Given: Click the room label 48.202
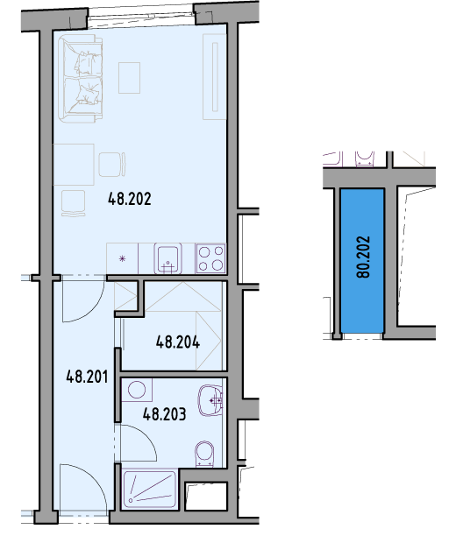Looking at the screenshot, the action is pyautogui.click(x=130, y=199).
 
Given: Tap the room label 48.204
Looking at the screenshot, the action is pyautogui.click(x=177, y=342).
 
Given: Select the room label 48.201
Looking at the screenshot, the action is pyautogui.click(x=87, y=377).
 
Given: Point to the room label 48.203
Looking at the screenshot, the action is pyautogui.click(x=164, y=414).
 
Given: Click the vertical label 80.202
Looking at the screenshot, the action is pyautogui.click(x=363, y=257).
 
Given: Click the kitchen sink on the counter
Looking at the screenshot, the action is pyautogui.click(x=167, y=258).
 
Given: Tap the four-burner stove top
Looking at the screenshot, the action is pyautogui.click(x=210, y=258).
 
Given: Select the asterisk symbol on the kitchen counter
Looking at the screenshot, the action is pyautogui.click(x=122, y=258).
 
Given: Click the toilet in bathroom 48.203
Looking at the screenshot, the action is pyautogui.click(x=204, y=454).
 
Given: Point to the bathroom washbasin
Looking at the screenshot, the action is pyautogui.click(x=210, y=400).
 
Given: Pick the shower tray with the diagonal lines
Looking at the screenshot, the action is pyautogui.click(x=150, y=490).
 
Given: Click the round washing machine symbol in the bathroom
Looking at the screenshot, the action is pyautogui.click(x=137, y=390).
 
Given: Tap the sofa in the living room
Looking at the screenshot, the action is pyautogui.click(x=81, y=79).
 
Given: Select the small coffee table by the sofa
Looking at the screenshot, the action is pyautogui.click(x=129, y=78).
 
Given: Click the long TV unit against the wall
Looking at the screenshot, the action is pyautogui.click(x=215, y=77).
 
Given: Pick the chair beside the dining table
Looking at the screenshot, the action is pyautogui.click(x=112, y=165).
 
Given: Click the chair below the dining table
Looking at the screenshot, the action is pyautogui.click(x=73, y=203).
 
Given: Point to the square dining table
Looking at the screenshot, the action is pyautogui.click(x=74, y=165).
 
